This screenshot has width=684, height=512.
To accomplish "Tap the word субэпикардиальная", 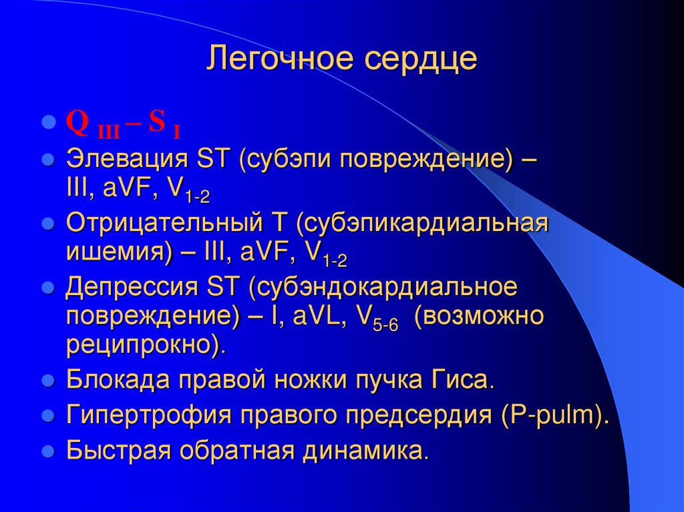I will pyautogui.click(x=427, y=224).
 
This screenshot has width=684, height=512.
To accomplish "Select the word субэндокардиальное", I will pyautogui.click(x=387, y=288).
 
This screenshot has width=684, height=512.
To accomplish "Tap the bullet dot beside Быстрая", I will pyautogui.click(x=47, y=451).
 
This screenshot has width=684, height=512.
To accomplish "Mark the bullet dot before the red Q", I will pyautogui.click(x=47, y=123).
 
